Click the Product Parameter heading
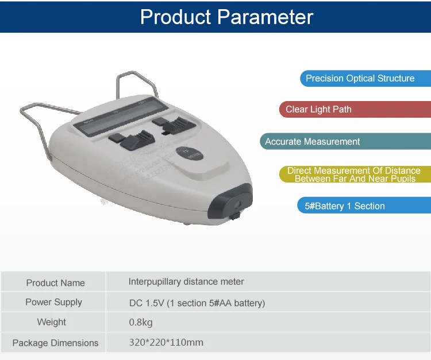(x=226, y=17)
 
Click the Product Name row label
(x=55, y=282)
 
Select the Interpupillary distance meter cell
(x=186, y=281)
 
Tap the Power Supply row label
(x=53, y=302)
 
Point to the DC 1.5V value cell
(x=197, y=303)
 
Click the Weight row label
(x=52, y=322)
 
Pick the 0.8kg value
(x=140, y=322)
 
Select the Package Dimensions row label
(x=55, y=343)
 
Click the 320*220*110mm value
(x=166, y=343)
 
